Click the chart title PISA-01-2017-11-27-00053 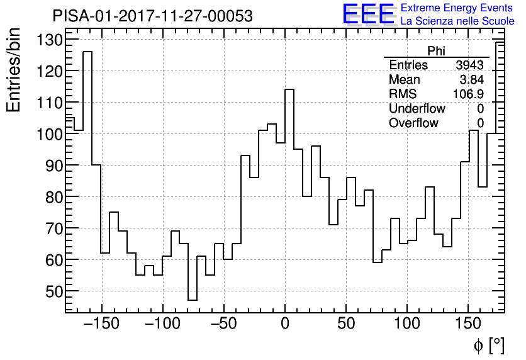(152, 16)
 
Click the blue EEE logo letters (369, 14)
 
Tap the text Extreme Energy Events (456, 8)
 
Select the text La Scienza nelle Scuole (457, 21)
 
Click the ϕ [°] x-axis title (489, 346)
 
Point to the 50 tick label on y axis (50, 291)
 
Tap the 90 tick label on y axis (50, 166)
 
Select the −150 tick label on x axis (101, 324)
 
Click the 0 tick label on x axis (285, 324)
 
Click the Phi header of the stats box (437, 52)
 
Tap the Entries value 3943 (469, 65)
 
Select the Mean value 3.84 (472, 80)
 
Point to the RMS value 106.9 (469, 94)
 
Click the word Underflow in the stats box (417, 109)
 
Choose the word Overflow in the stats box (413, 123)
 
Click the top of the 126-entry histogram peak (87, 52)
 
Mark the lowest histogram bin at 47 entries (193, 300)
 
